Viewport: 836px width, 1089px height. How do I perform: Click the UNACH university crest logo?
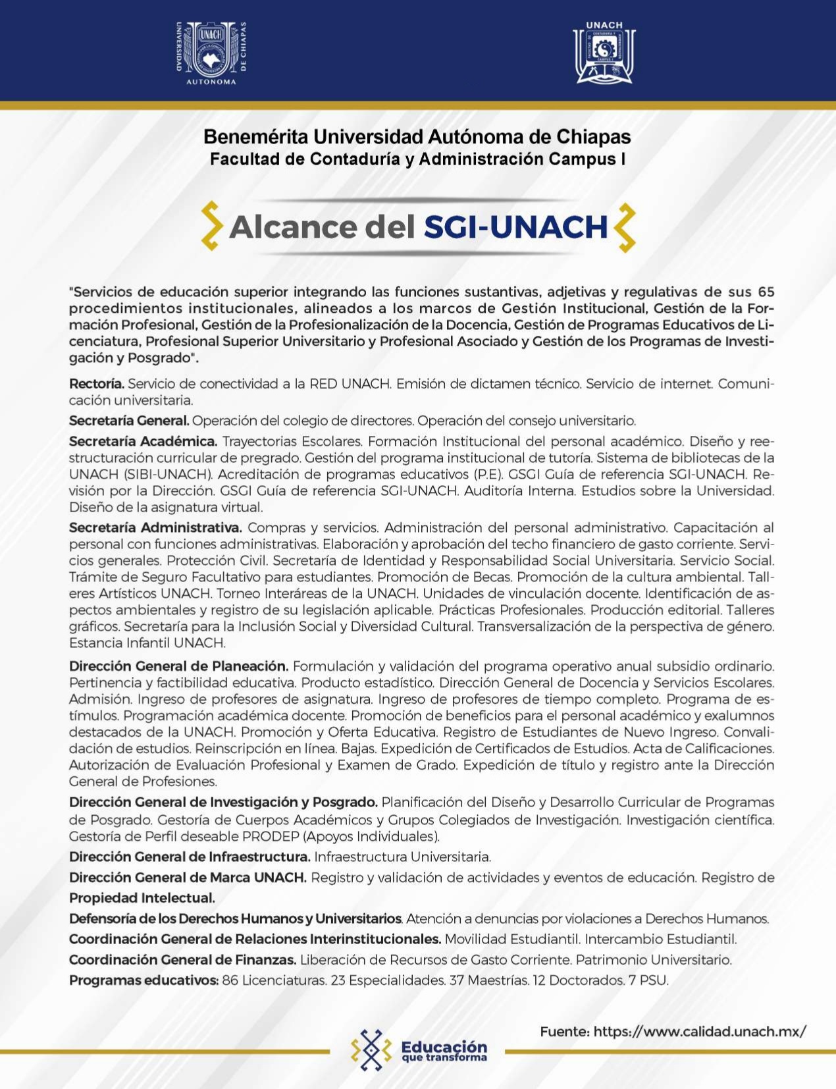coord(211,53)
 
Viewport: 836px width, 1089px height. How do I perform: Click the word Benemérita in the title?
coord(255,137)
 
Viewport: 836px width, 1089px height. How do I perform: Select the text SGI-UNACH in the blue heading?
coord(515,227)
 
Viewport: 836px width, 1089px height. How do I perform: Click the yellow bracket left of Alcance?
coord(211,226)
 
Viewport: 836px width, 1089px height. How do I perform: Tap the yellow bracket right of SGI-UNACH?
coord(625,227)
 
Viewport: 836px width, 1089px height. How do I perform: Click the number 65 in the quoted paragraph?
coord(766,292)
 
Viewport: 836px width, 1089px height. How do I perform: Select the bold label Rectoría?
coord(96,384)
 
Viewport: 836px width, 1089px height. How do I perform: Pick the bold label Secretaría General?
coord(129,421)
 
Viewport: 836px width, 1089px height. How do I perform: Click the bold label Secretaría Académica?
coord(143,441)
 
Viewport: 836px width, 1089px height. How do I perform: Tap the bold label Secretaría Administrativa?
coord(155,527)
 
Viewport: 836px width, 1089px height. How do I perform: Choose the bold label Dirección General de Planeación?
coord(178,666)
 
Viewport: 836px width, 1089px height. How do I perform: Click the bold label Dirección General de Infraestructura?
coord(190,857)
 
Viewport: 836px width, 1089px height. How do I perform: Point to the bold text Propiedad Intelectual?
coord(142,898)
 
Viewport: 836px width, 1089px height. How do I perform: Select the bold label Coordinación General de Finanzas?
coord(182,960)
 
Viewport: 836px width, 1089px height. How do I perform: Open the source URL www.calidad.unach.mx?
coord(699,1032)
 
